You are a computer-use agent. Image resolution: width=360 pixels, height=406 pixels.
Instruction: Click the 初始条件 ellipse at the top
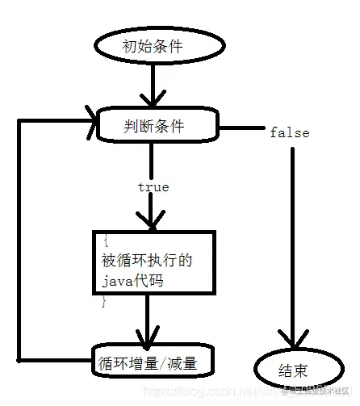click(x=152, y=47)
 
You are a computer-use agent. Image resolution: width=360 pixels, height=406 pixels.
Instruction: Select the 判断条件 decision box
click(x=157, y=125)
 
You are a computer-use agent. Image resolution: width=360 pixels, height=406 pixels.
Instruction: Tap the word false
click(x=289, y=132)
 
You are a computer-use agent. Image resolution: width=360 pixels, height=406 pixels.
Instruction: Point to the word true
click(x=153, y=187)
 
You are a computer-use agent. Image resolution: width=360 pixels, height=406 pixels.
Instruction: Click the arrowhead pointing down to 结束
click(x=291, y=343)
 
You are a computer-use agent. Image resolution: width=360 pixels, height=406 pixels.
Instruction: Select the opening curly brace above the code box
click(x=106, y=240)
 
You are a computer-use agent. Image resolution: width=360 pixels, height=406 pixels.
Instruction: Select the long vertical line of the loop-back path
click(x=22, y=242)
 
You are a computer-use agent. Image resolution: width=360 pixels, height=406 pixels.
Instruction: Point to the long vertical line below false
click(x=291, y=242)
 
